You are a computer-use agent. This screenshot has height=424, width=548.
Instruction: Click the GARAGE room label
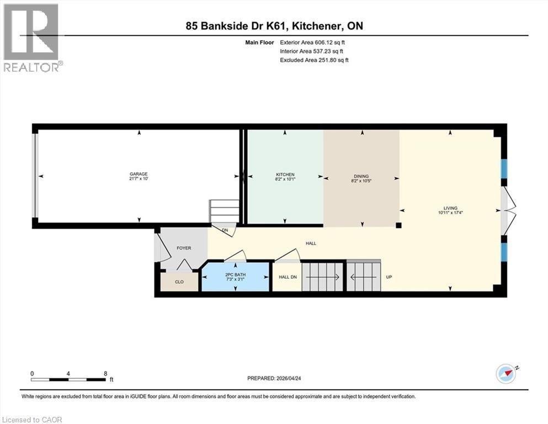pos(139,174)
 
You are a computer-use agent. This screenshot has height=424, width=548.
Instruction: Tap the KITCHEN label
pos(285,174)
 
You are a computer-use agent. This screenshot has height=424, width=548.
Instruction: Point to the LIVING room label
pos(450,208)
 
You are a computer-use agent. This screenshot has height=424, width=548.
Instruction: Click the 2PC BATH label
pos(235,275)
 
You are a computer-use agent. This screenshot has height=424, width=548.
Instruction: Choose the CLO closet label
pos(179,282)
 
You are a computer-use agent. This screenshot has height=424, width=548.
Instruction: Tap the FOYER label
pos(183,248)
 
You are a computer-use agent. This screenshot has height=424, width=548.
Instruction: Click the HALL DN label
pos(288,277)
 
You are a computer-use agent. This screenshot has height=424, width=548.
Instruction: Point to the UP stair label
pos(389,277)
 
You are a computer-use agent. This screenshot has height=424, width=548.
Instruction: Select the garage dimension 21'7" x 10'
pos(139,179)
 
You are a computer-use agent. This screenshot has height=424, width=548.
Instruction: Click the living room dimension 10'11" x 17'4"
pos(450,213)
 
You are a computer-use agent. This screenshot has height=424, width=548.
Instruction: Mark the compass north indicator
pos(506,374)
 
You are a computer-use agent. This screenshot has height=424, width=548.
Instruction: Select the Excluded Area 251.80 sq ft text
pos(315,60)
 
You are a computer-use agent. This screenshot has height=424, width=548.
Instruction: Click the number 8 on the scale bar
pos(105,373)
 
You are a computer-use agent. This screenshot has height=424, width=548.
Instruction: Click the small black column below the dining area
pos(398,225)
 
